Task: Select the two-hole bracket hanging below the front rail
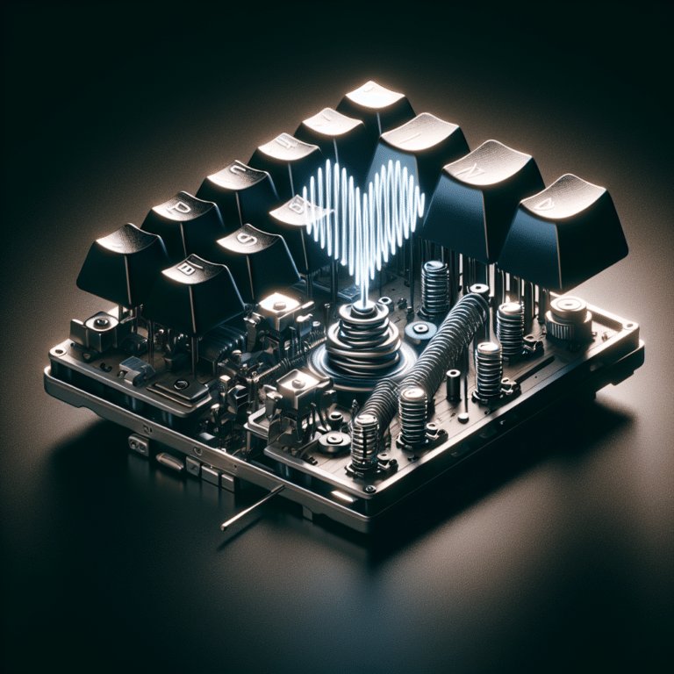[x=138, y=444]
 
